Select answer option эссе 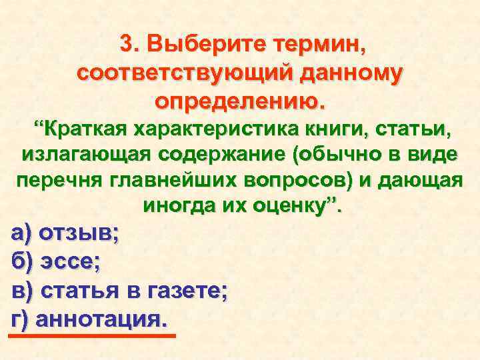(x=71, y=262)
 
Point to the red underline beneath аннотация (x=91, y=335)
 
